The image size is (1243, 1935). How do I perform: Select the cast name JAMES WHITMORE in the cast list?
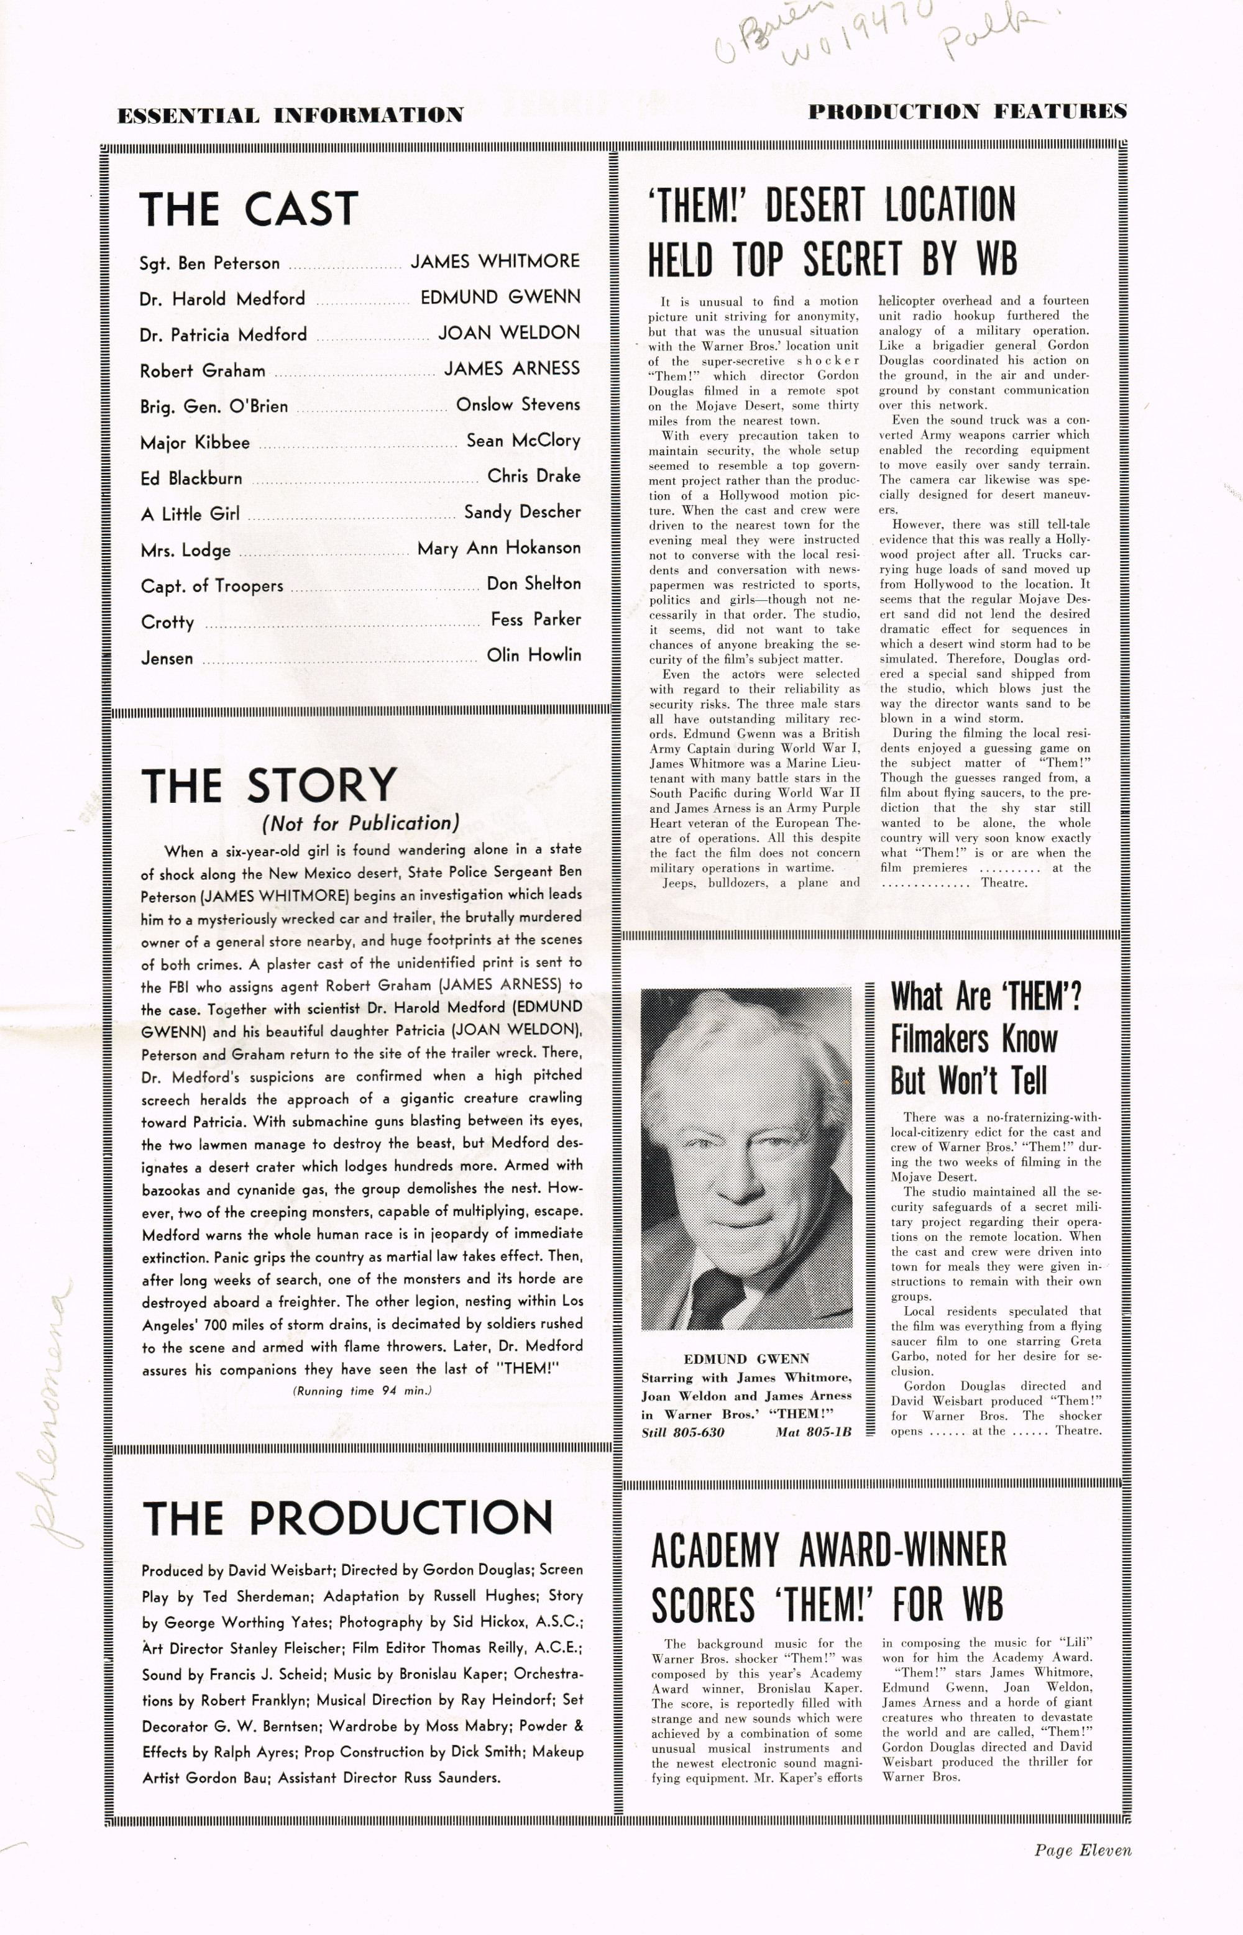click(x=495, y=262)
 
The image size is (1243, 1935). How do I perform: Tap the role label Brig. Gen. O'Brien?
click(x=214, y=406)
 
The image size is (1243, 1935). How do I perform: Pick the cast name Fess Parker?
click(x=535, y=620)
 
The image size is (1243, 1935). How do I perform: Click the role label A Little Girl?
click(x=190, y=514)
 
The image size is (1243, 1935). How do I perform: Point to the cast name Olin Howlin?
click(x=533, y=655)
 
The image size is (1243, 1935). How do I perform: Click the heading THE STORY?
click(x=268, y=785)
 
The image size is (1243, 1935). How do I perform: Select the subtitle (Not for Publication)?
click(x=360, y=823)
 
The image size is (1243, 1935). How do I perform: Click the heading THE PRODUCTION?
click(x=347, y=1518)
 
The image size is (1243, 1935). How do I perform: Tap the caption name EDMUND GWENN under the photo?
click(x=746, y=1358)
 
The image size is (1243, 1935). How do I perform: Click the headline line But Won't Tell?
click(x=968, y=1080)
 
